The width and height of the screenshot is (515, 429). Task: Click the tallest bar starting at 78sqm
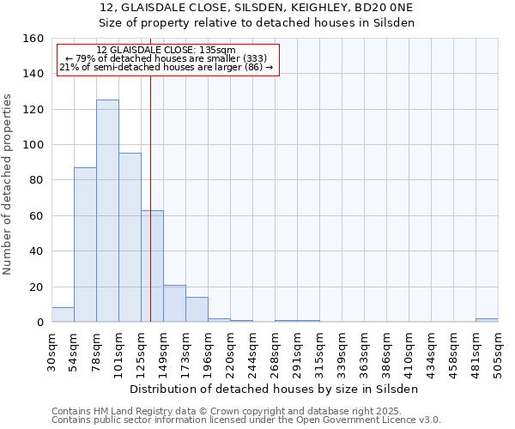(x=107, y=211)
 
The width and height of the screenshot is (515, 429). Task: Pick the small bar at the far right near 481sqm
(x=487, y=320)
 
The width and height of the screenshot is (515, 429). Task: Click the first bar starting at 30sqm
(x=63, y=315)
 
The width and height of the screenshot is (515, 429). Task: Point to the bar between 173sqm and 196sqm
(x=197, y=310)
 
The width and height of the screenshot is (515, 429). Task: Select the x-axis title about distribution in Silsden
(x=275, y=389)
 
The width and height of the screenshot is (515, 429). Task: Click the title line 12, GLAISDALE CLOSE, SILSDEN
(x=257, y=8)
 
